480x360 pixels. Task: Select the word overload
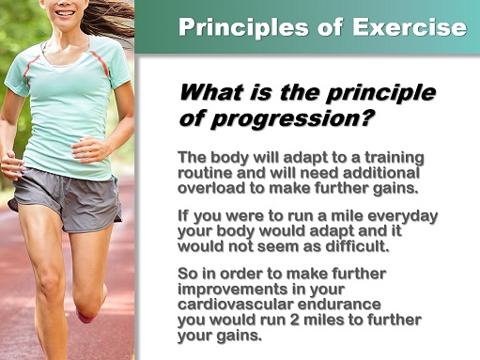(x=209, y=187)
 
